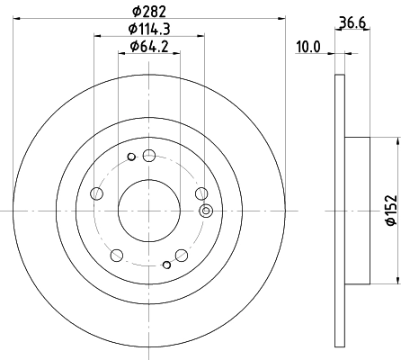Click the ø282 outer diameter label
150,12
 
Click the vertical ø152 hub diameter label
391,209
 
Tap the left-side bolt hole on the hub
97,192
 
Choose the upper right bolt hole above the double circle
200,192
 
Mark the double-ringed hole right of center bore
206,211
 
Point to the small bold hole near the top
131,159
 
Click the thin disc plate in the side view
340,209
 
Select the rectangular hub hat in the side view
357,209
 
